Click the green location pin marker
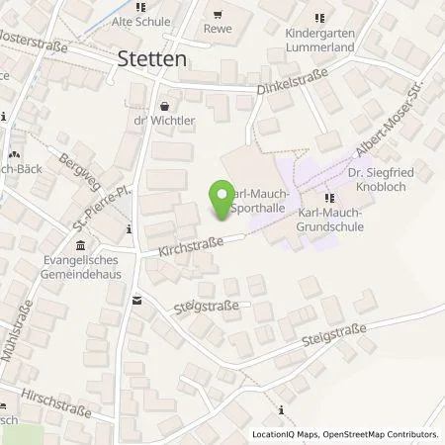point(219,201)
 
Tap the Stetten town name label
point(154,58)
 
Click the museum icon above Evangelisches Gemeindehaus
point(80,246)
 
